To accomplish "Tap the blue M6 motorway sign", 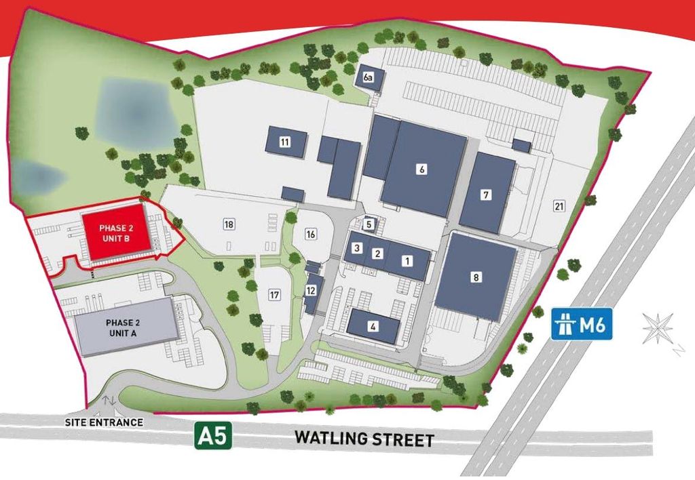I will tap(583, 325).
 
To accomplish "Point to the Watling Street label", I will tap(364, 439).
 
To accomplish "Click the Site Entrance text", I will tap(104, 422).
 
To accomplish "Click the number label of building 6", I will tap(422, 169).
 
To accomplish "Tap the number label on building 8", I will tap(476, 277).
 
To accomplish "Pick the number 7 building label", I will tap(486, 195).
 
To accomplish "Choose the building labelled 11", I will tap(285, 142).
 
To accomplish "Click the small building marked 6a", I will tap(369, 79).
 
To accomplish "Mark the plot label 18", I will tap(229, 224).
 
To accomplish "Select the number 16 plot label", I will tap(311, 234).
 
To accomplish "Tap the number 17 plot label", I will tap(274, 295).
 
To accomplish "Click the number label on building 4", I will tap(373, 326).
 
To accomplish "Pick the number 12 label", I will tap(311, 290).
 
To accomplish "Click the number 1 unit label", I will tap(407, 260).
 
